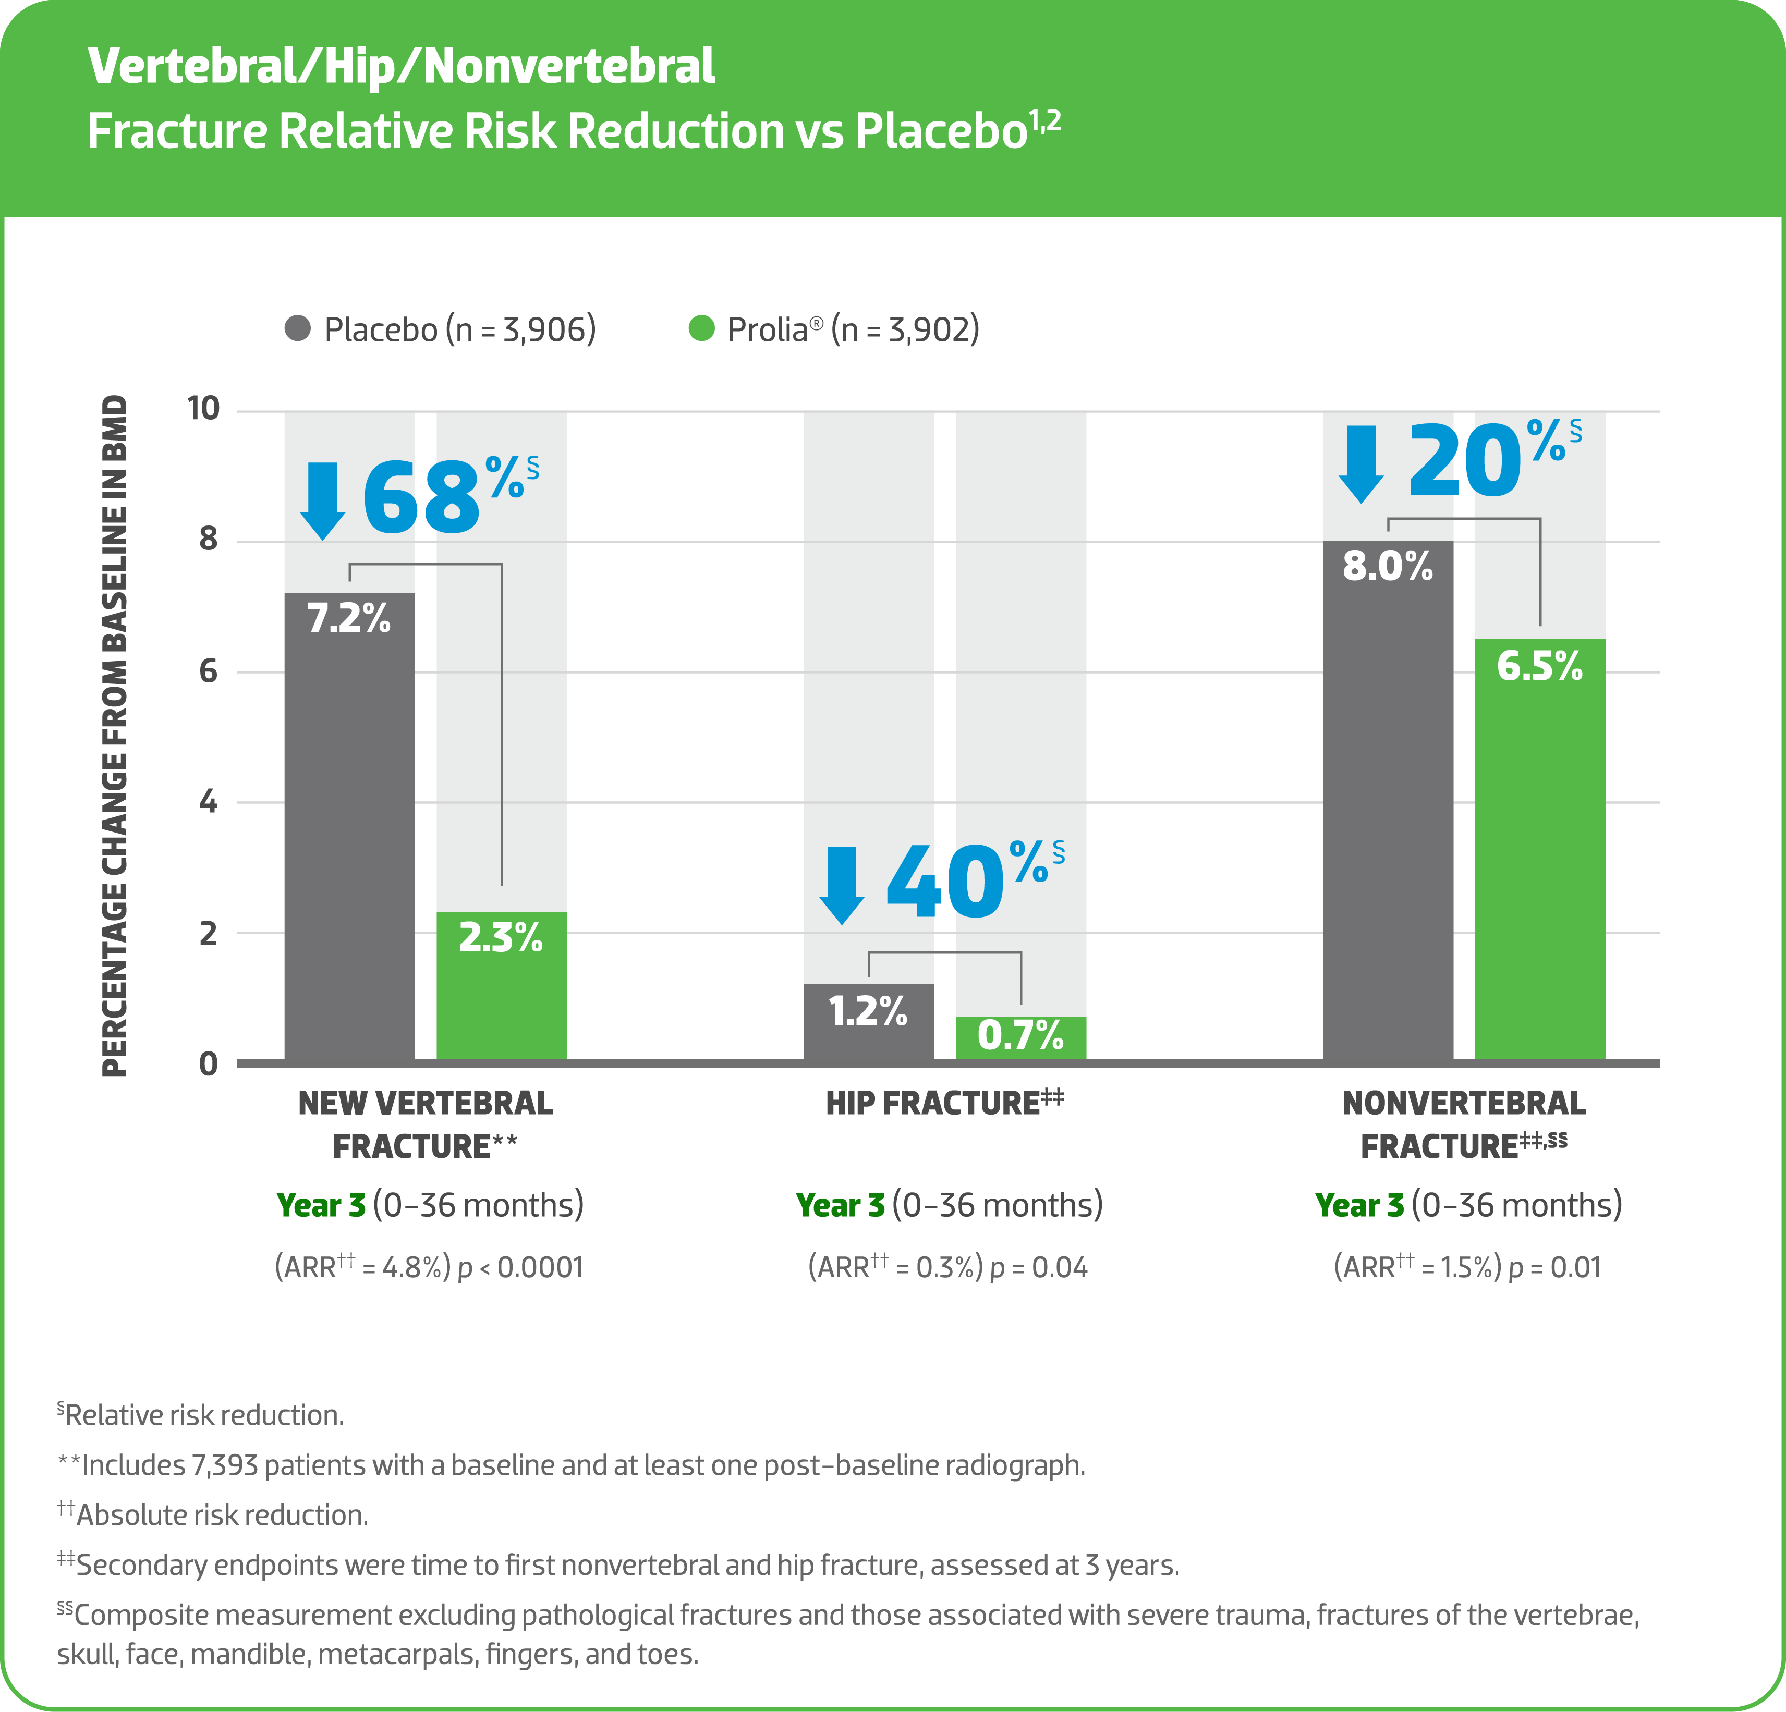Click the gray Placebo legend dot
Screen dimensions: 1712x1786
tap(298, 328)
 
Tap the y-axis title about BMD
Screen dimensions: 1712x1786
tap(115, 736)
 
